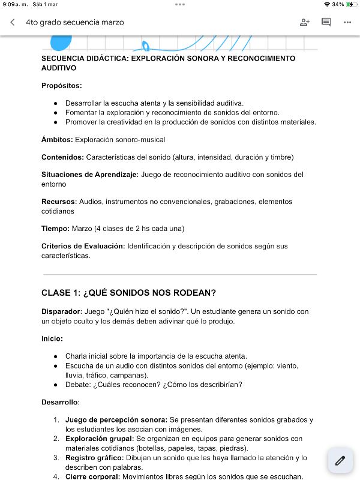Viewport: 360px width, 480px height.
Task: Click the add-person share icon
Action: point(304,22)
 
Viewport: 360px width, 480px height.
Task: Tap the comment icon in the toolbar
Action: point(326,22)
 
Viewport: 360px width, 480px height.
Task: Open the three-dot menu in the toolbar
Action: point(347,22)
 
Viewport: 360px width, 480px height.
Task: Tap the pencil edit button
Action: point(340,461)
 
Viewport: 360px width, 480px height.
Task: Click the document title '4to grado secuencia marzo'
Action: point(75,22)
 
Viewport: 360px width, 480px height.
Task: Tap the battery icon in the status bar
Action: point(350,4)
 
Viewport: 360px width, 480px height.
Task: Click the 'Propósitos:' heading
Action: point(62,86)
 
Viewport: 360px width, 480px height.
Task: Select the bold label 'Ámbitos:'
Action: point(57,140)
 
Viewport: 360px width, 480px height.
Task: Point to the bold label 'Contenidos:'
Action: point(62,157)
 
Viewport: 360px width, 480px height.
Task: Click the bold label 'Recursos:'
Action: point(59,202)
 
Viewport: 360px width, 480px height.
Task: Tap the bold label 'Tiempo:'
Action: point(55,229)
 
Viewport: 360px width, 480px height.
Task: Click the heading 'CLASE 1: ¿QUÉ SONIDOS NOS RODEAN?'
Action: point(128,293)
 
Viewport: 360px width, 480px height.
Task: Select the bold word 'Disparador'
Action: point(61,311)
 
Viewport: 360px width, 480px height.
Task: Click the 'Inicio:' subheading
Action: point(52,338)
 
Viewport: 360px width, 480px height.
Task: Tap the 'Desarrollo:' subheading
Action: point(61,402)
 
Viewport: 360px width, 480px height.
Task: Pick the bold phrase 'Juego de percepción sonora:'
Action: point(116,420)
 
